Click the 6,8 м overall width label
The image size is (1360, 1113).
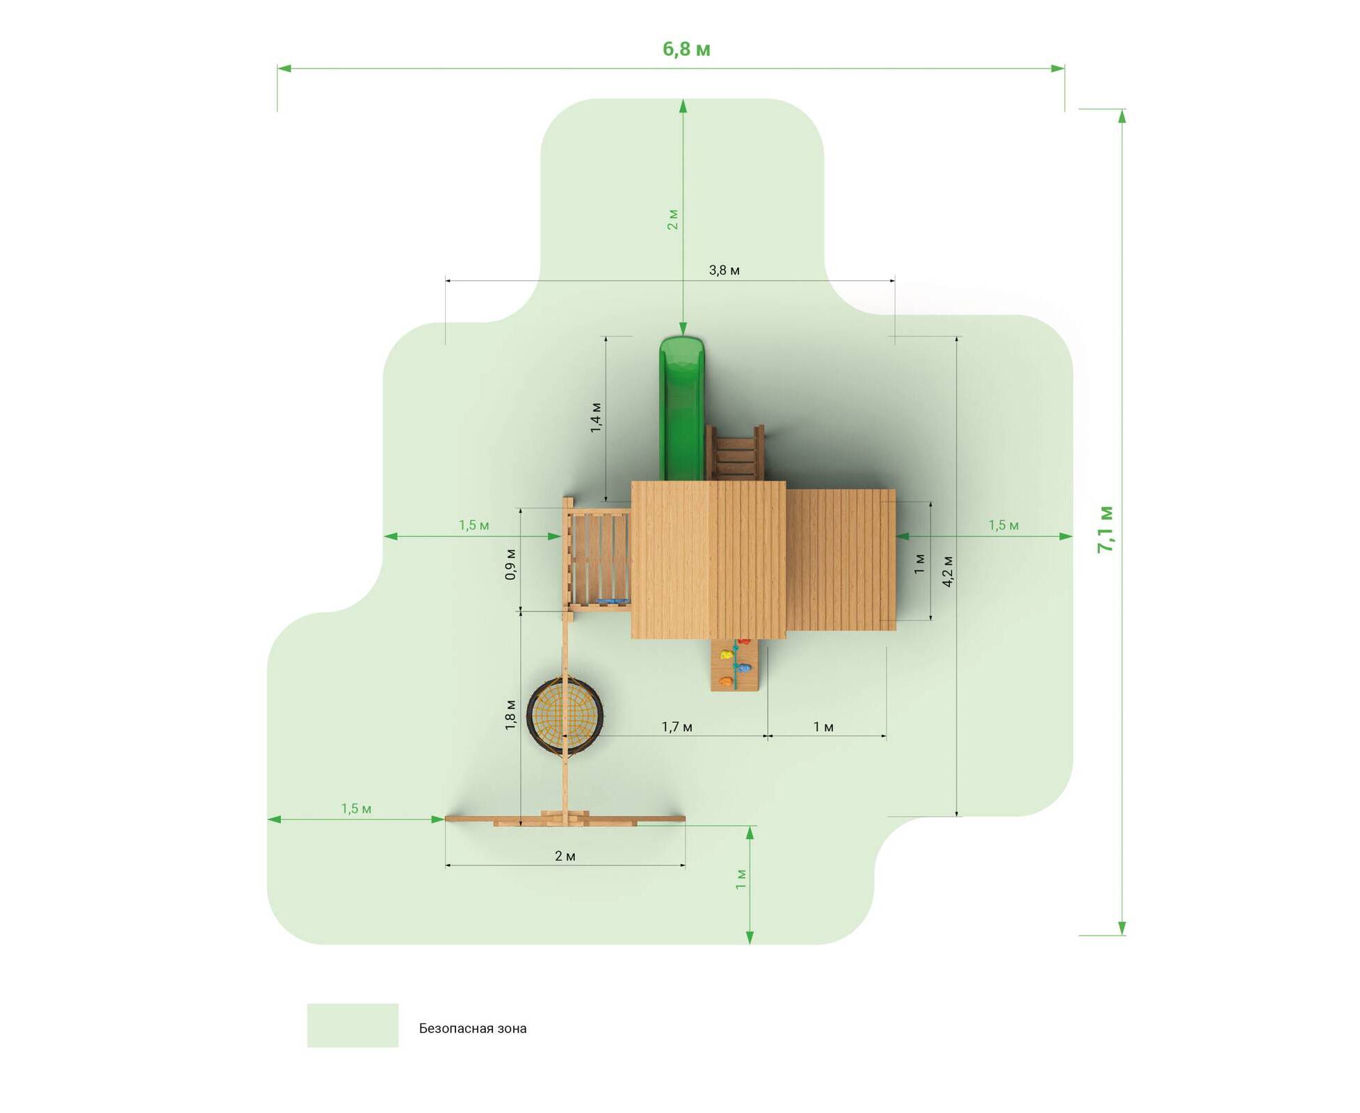pyautogui.click(x=686, y=49)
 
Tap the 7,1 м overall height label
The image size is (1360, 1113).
pyautogui.click(x=1105, y=529)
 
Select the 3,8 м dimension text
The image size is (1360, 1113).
pyautogui.click(x=724, y=270)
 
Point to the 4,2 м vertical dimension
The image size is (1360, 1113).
pyautogui.click(x=947, y=571)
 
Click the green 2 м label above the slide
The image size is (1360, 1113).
pyautogui.click(x=672, y=219)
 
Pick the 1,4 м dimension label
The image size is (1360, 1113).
pyautogui.click(x=596, y=417)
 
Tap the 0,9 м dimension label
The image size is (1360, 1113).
pyautogui.click(x=510, y=564)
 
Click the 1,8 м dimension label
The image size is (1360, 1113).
pyautogui.click(x=510, y=714)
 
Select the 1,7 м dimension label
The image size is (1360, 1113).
pyautogui.click(x=677, y=727)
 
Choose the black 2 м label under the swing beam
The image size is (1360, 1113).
pyautogui.click(x=565, y=856)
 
